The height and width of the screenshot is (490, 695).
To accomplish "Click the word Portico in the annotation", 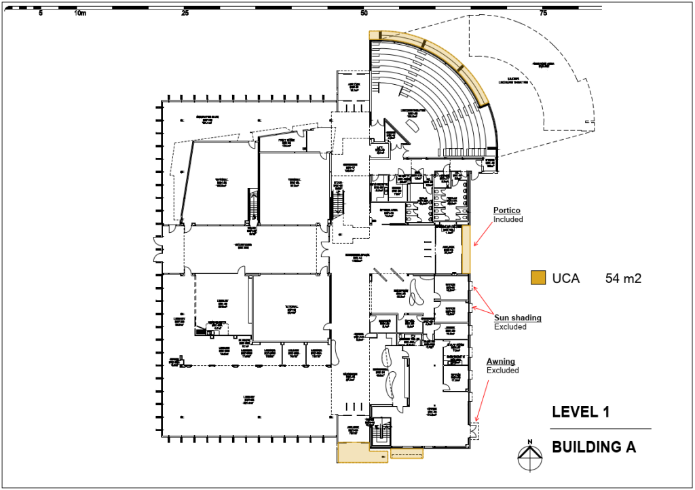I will point(507,210).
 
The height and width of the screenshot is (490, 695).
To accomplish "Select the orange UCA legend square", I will point(538,278).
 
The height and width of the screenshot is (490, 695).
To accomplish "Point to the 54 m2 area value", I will point(623,278).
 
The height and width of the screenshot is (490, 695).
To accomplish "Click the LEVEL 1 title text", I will point(580,411).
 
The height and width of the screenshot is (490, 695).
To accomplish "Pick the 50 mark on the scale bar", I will point(364,13).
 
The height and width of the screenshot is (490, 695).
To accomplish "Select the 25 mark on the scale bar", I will point(185,13).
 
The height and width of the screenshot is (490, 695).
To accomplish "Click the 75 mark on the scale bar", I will point(543,13).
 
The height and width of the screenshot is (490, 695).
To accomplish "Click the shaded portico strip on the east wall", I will point(466,249).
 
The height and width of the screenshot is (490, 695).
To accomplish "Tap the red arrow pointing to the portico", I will point(485,234).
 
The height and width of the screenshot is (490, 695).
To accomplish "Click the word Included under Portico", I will point(508,219).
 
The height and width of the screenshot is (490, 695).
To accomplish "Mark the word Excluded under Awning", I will point(503,371).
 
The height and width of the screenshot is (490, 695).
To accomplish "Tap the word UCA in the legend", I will point(565,278).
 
